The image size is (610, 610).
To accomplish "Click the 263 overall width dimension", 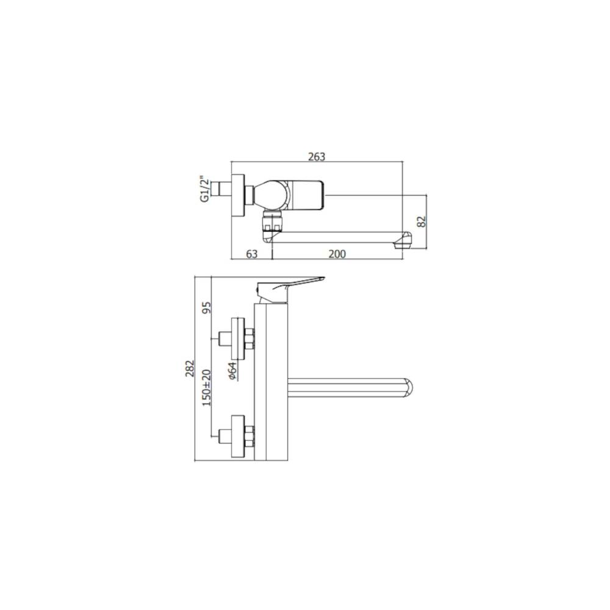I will click(316, 157).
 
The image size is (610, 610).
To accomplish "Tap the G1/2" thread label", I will click(205, 189).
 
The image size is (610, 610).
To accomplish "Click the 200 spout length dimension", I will click(336, 254).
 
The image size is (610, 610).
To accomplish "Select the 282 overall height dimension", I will click(190, 368).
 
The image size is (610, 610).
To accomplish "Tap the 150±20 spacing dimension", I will click(206, 387).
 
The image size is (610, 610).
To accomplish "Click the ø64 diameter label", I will click(232, 371).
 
